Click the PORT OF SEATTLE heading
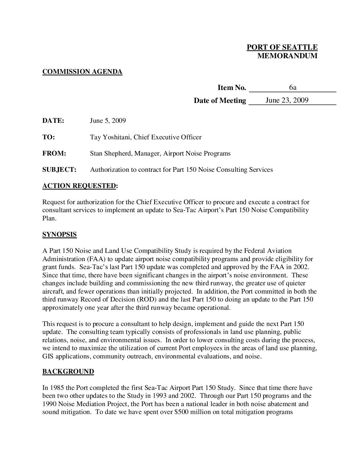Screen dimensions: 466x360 coord(282,47)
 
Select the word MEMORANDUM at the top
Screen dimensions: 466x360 coord(287,56)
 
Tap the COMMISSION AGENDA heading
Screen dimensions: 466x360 coord(82,71)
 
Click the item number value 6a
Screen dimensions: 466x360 coord(292,87)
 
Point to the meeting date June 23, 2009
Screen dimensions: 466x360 coord(287,100)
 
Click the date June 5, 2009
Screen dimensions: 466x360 coord(108,120)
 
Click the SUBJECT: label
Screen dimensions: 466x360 coord(59,170)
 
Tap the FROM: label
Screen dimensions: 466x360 coord(54,153)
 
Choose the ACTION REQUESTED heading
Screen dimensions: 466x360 coord(79,186)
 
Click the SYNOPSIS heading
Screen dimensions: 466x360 coord(59,235)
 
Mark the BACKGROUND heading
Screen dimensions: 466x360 coord(68,372)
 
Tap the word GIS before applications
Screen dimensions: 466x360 coord(48,356)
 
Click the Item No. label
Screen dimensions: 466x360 coord(232,88)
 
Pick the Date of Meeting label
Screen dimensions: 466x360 coord(220,101)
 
